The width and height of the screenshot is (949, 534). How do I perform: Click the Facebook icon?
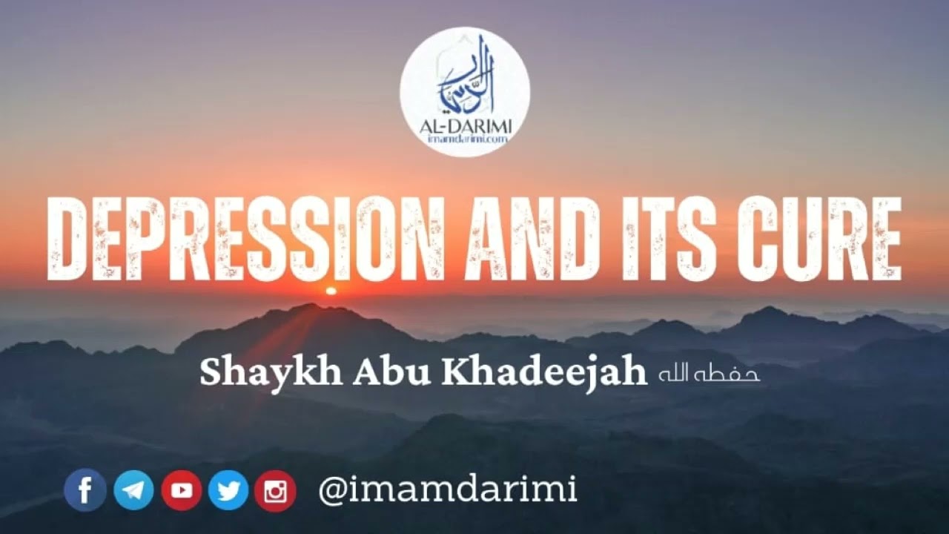85,490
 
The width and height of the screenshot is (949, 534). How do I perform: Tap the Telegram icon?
133,490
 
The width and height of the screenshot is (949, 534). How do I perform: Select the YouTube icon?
181,490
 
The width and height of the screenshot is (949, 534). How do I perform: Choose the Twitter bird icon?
228,490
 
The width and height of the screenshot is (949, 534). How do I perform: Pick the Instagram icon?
275,491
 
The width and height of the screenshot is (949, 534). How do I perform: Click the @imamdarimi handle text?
447,489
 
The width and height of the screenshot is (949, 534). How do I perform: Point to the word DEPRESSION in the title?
245,239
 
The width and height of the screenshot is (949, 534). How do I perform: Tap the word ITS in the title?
672,239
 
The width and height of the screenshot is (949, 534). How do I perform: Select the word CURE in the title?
819,239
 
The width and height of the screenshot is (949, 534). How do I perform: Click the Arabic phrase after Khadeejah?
709,374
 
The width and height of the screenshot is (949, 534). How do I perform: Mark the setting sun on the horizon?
331,291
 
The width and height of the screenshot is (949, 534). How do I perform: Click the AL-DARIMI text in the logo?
465,128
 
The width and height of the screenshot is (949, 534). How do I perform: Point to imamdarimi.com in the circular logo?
465,141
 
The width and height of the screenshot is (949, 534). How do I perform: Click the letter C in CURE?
761,239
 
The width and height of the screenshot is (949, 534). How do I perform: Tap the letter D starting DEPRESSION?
69,239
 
